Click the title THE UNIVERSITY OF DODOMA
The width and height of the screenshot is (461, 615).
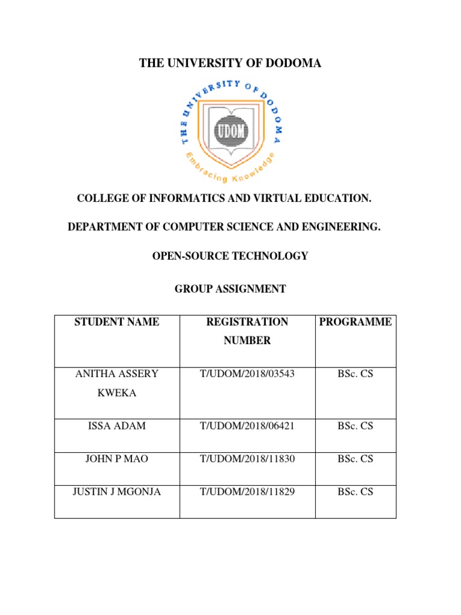coord(230,63)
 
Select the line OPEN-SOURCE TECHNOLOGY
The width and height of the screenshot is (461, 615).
coord(230,256)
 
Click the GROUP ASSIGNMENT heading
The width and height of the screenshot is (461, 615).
coord(230,289)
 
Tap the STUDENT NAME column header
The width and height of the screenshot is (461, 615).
coord(116,322)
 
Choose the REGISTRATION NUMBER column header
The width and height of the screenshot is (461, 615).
coord(247,331)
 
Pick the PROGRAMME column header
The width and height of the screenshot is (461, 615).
coord(355,322)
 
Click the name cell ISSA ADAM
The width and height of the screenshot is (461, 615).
coord(116,426)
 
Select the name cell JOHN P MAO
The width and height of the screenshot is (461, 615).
coord(116,459)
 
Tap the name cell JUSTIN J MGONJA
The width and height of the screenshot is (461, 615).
coord(116,491)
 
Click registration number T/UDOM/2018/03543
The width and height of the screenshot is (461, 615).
coord(247,374)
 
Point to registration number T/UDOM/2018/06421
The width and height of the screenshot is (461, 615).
coord(247,426)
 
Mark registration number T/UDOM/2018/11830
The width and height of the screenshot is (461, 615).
coord(247,459)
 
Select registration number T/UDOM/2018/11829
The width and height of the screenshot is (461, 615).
coord(247,491)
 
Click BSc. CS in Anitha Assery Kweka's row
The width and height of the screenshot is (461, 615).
coord(355,374)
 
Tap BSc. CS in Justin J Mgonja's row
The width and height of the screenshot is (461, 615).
coord(355,491)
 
